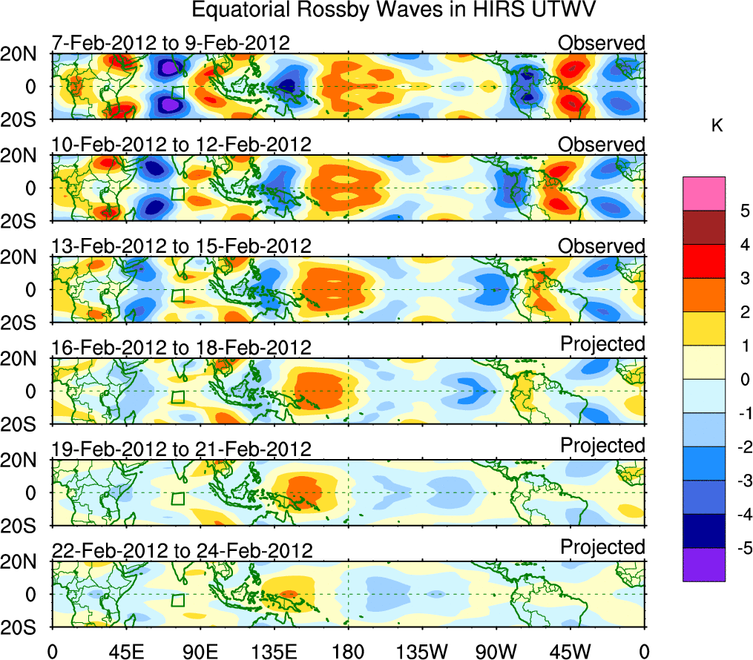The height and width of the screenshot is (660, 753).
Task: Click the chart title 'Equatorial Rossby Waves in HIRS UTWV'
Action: [394, 11]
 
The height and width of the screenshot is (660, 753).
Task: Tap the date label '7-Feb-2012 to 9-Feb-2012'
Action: [171, 43]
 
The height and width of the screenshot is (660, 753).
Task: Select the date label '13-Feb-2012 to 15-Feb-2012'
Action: [182, 246]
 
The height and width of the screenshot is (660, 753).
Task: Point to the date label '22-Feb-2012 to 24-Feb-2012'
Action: [182, 550]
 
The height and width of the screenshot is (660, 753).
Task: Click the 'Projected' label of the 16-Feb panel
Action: [602, 343]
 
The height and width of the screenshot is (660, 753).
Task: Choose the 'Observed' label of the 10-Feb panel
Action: [601, 145]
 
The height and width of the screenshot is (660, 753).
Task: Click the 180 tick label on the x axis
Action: [347, 650]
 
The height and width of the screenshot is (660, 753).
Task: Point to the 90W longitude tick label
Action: [495, 650]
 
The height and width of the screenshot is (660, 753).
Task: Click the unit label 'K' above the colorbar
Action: [717, 127]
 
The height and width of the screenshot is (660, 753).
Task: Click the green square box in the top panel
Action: [177, 93]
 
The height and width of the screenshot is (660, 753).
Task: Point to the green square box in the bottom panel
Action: [177, 600]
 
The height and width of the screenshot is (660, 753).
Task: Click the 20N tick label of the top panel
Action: [24, 53]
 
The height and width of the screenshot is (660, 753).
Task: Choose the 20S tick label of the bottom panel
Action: [24, 627]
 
